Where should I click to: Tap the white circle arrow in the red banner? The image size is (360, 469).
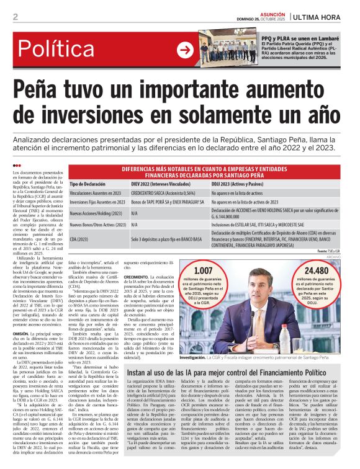[x=184, y=50]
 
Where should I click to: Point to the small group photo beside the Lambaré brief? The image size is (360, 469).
[x=229, y=52]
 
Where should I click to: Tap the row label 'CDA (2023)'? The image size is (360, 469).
[x=79, y=239]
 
